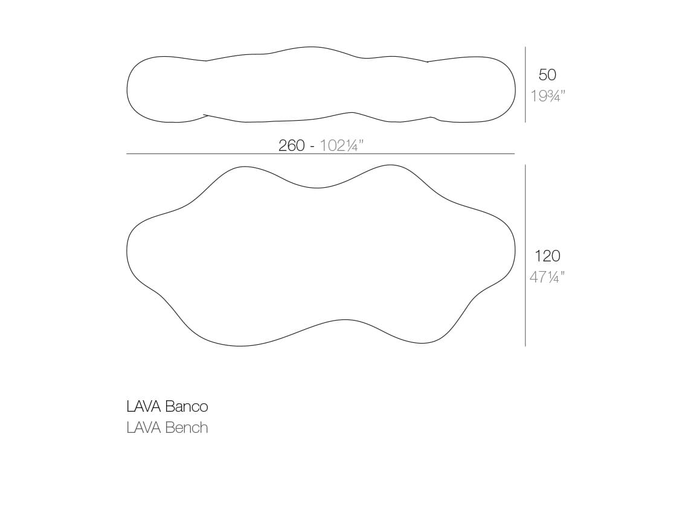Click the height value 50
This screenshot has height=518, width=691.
click(547, 75)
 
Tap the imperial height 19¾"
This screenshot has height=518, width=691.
click(547, 96)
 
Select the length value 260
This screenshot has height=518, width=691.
click(291, 145)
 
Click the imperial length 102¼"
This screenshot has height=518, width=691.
click(341, 145)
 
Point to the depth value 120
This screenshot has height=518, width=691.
click(547, 256)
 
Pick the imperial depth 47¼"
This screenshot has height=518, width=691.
click(547, 277)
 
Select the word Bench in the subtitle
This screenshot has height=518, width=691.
click(186, 428)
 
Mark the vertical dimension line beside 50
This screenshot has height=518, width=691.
click(525, 85)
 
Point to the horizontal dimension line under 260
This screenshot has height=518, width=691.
click(320, 155)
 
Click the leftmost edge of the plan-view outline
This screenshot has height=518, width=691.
click(127, 251)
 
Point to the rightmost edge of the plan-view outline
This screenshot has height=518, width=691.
click(515, 251)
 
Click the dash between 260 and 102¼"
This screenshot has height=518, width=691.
click(313, 146)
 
